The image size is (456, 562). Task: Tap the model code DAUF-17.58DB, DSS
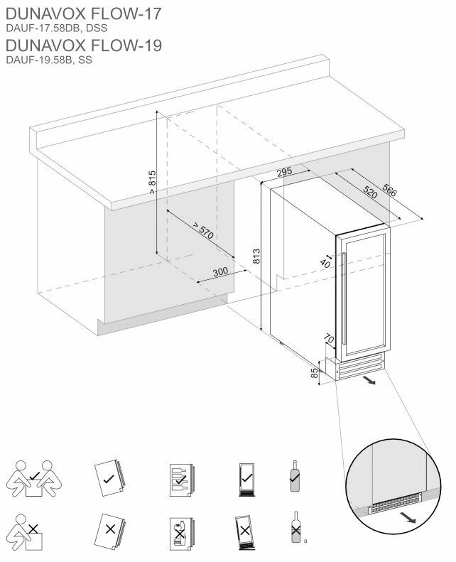(56, 28)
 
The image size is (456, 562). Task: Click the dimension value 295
(284, 172)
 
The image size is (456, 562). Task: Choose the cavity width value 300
(220, 272)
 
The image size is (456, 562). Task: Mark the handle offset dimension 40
(326, 264)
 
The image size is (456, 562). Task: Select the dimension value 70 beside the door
(329, 338)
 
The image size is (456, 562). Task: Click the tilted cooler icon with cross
(245, 530)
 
